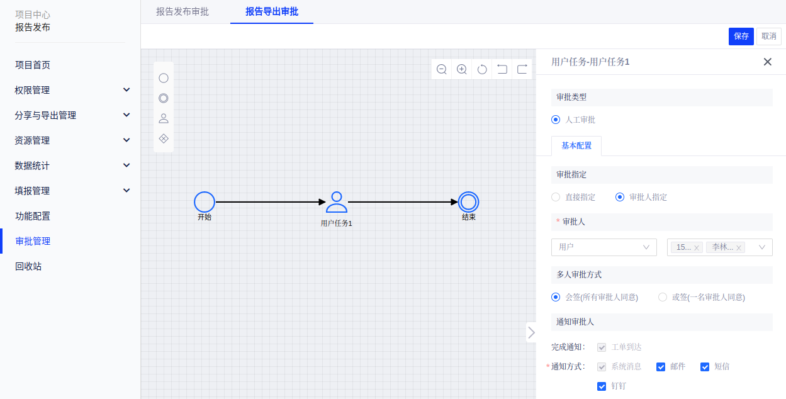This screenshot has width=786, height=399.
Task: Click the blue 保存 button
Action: point(741,37)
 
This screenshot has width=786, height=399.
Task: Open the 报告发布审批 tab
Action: point(182,11)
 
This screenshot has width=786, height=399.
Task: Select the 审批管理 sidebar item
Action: point(33,241)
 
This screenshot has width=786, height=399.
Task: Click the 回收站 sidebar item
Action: point(28,266)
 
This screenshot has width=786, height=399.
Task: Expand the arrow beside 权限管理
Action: point(126,90)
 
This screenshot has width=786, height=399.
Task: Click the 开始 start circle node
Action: point(205,202)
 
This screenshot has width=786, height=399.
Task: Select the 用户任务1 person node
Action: point(337,202)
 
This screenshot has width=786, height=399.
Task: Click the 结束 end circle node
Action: point(468,202)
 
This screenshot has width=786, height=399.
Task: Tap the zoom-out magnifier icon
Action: point(442,69)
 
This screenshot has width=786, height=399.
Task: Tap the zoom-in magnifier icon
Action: point(462,69)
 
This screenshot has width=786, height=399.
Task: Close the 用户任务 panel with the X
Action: point(767,62)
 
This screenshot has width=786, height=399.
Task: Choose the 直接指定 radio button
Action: point(556,197)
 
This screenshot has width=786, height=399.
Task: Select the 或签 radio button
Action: point(663,297)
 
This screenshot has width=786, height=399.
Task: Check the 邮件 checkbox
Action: point(661,367)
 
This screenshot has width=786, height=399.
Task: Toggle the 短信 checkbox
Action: point(705,367)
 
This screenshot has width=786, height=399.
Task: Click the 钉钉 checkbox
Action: point(602,386)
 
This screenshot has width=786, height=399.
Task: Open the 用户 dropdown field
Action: point(604,247)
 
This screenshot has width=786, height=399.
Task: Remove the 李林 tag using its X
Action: point(739,248)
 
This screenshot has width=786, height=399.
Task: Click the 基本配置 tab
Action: point(576,145)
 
